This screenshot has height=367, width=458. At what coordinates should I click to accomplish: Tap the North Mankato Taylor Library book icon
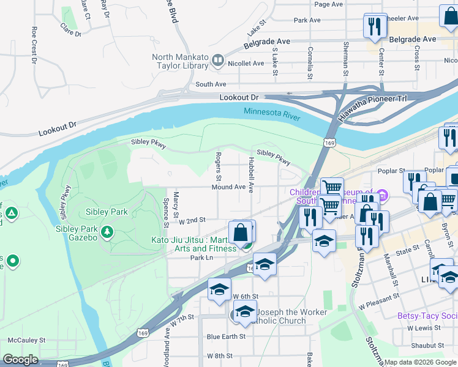(217, 61)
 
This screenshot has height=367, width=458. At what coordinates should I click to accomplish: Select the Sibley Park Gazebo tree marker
(107, 231)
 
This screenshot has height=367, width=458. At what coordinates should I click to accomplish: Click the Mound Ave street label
(229, 187)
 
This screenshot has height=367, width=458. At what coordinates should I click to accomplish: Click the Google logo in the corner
(20, 360)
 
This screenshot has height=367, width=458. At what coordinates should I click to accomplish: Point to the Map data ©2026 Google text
(421, 362)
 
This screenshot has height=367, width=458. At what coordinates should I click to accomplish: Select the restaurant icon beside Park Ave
(374, 25)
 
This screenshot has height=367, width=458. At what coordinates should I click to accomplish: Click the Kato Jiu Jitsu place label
(193, 244)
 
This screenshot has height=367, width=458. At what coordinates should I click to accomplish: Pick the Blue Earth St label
(226, 336)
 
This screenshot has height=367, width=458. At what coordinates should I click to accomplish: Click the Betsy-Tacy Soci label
(427, 316)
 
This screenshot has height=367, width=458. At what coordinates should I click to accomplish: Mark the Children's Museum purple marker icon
(383, 196)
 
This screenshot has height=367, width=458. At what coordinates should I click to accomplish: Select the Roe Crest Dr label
(34, 45)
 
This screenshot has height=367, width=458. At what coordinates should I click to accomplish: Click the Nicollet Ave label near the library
(246, 64)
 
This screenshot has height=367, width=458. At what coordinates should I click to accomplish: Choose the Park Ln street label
(200, 258)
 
